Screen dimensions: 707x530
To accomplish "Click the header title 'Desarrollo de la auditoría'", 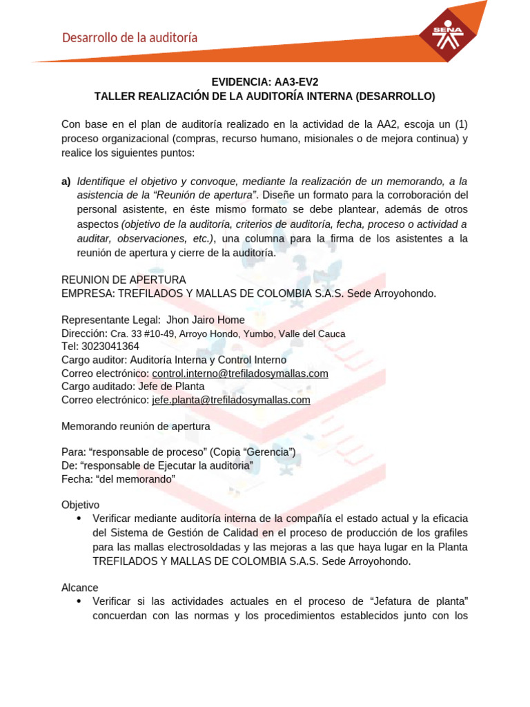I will coord(130,38).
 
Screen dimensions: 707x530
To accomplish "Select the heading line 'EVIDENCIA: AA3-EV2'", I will coord(265,82).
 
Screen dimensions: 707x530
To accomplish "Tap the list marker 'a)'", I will coord(66,182).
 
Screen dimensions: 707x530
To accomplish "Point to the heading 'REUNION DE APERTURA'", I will coord(124,280).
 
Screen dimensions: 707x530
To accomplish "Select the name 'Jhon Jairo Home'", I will coord(206,320).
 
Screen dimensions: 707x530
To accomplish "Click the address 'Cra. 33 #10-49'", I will coord(143,333).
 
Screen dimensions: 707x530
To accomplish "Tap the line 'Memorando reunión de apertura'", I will coord(136,426).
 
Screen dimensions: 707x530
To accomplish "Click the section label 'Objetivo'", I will coord(81,505).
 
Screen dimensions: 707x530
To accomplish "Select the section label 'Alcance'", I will coord(79,588).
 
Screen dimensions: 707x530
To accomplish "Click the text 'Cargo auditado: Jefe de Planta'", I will coord(132,387).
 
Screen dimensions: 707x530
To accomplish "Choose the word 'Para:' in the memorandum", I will coord(73,452).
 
